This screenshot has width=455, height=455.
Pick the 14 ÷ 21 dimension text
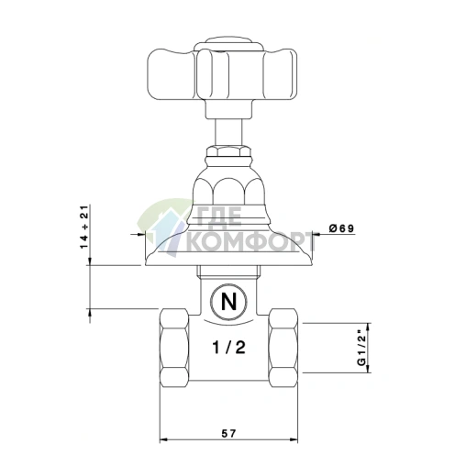click(83, 225)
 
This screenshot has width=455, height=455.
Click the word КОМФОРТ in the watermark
click(248, 242)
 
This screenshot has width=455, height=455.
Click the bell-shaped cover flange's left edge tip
click(145, 263)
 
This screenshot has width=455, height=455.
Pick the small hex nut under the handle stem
click(226, 149)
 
